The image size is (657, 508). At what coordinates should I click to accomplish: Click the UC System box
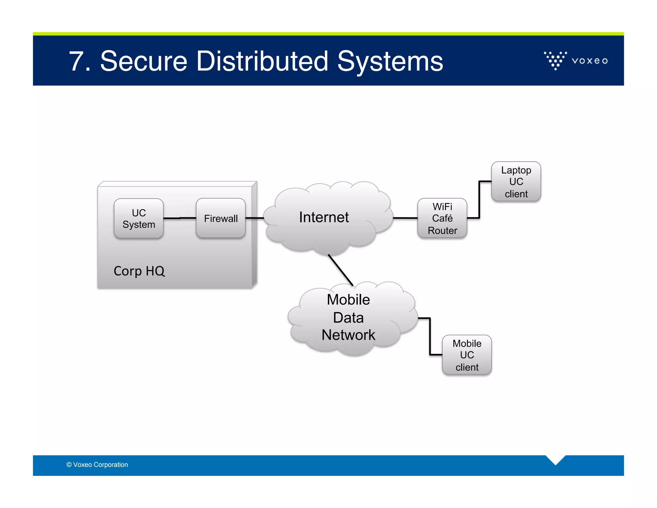tap(139, 218)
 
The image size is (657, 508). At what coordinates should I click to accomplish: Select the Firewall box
tap(221, 218)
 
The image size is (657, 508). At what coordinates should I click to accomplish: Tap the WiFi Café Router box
tap(442, 218)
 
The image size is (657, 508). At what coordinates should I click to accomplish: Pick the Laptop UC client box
tap(516, 182)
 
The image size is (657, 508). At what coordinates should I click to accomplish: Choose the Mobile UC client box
tap(467, 355)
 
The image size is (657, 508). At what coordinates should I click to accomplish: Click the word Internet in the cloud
tap(324, 217)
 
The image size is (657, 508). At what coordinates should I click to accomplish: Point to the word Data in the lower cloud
tap(348, 318)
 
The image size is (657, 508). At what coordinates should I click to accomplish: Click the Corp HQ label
tap(139, 271)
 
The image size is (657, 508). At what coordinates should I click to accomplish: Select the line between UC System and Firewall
tap(180, 218)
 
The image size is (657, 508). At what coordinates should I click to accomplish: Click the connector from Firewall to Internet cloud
tap(254, 218)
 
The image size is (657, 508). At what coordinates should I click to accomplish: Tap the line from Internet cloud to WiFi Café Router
tap(405, 218)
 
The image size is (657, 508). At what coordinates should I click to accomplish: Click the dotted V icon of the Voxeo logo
tap(555, 60)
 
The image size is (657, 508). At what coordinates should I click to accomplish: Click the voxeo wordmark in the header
tap(590, 61)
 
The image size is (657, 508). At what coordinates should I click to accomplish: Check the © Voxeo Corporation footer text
tap(97, 465)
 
